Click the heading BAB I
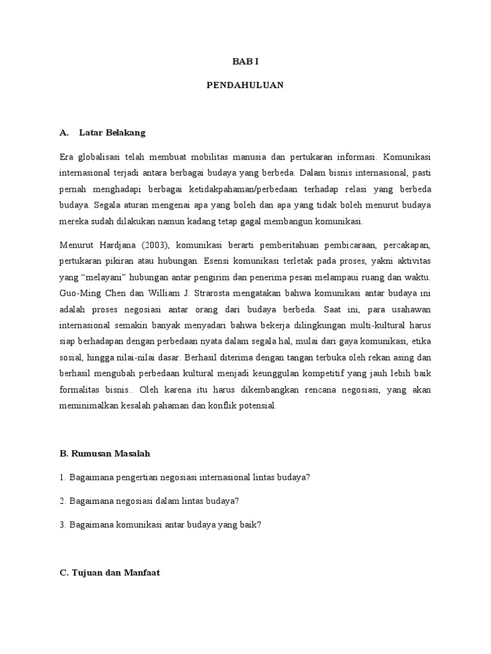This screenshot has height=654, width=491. click(x=245, y=61)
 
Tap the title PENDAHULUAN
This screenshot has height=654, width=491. click(x=245, y=84)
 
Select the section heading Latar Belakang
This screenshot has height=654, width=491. click(x=113, y=133)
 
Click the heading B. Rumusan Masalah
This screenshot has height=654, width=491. click(x=105, y=453)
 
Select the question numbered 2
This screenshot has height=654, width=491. click(x=152, y=501)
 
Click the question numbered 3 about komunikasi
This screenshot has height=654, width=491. click(x=160, y=525)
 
